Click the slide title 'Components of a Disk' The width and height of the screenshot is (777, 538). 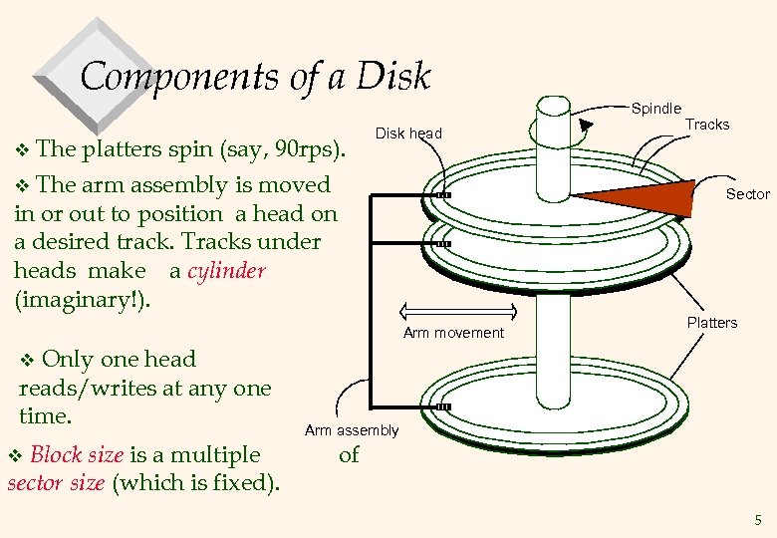tap(255, 77)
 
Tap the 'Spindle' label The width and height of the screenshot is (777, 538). tap(656, 108)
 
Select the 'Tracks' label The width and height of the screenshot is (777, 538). tap(707, 125)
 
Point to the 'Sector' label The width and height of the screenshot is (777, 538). tap(747, 193)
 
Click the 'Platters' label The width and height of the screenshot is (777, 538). tap(712, 323)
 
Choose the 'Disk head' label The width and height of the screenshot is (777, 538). tap(408, 134)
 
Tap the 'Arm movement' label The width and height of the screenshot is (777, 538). tap(453, 333)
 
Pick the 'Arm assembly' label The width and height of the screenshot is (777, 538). tap(351, 430)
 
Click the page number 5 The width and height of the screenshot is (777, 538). tap(758, 520)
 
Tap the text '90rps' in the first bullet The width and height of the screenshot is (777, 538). tap(305, 150)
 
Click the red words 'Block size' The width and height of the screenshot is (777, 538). tap(77, 455)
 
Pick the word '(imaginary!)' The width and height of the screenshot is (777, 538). tap(83, 300)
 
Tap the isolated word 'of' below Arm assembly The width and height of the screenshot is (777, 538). tap(349, 456)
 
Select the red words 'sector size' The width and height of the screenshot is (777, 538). tap(55, 484)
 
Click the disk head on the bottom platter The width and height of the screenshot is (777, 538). tap(443, 407)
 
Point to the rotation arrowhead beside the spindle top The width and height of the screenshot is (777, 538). tap(587, 124)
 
